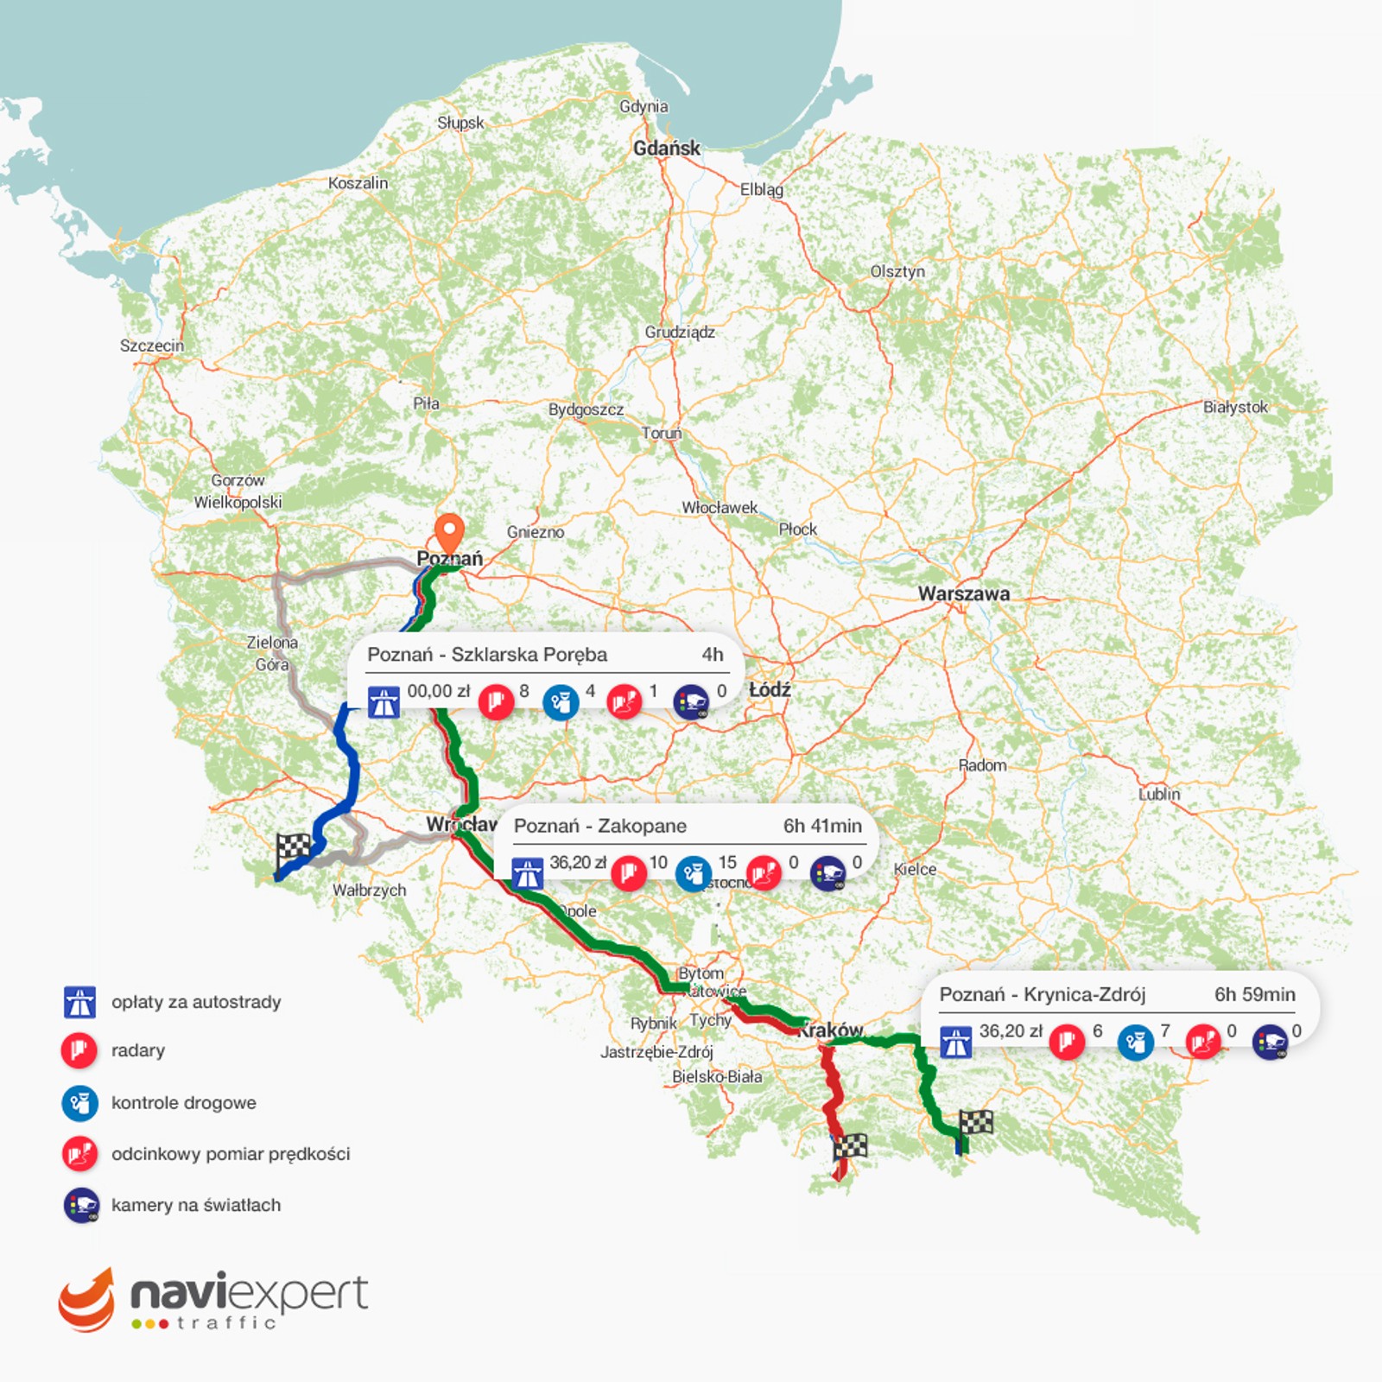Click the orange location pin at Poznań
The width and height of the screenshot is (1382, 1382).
(449, 529)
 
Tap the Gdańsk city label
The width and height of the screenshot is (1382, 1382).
(667, 149)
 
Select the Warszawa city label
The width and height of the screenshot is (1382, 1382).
(963, 593)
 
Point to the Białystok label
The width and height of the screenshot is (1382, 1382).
(1235, 407)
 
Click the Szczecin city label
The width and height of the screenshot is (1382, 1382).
(152, 345)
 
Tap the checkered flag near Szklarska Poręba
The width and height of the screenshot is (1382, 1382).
(294, 848)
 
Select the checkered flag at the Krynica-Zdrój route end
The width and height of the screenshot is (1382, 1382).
(976, 1123)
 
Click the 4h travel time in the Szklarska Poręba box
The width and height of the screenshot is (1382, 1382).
(712, 655)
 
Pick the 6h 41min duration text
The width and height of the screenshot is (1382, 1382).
(822, 826)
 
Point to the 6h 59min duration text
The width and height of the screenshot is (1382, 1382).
(1254, 994)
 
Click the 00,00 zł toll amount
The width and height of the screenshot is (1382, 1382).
(439, 691)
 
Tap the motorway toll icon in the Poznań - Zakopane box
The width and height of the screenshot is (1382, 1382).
(528, 873)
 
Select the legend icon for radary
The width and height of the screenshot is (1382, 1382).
(79, 1050)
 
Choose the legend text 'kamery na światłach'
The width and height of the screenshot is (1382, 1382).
(196, 1205)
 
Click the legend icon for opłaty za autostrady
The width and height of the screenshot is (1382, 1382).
(79, 1002)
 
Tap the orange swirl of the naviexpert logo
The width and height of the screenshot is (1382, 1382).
(86, 1300)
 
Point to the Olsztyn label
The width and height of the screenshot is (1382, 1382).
(897, 271)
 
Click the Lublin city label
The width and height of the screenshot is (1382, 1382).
(1158, 794)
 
